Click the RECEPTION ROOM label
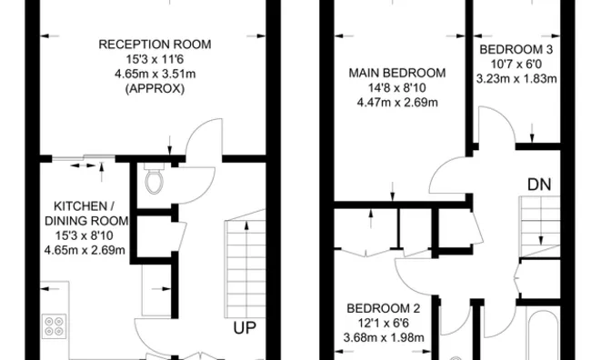[x=155, y=44]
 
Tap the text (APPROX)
[x=155, y=90]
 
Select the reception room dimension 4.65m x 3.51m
[x=155, y=75]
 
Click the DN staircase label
[x=538, y=185]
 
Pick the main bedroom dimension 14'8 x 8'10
[x=396, y=87]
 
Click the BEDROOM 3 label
[x=516, y=49]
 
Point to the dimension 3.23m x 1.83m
[x=516, y=78]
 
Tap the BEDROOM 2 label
[x=383, y=308]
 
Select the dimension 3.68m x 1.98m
[x=383, y=337]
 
